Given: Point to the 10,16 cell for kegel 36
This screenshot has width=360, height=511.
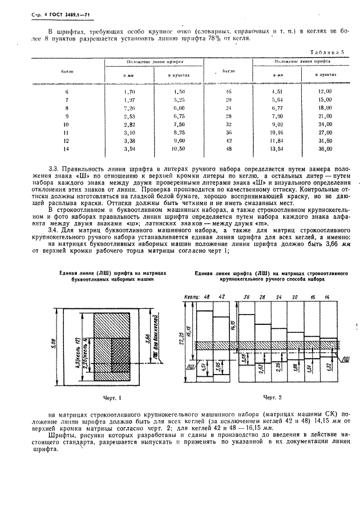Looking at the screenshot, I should [277, 132].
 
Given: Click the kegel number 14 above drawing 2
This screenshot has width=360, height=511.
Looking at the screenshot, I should [326, 297].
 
